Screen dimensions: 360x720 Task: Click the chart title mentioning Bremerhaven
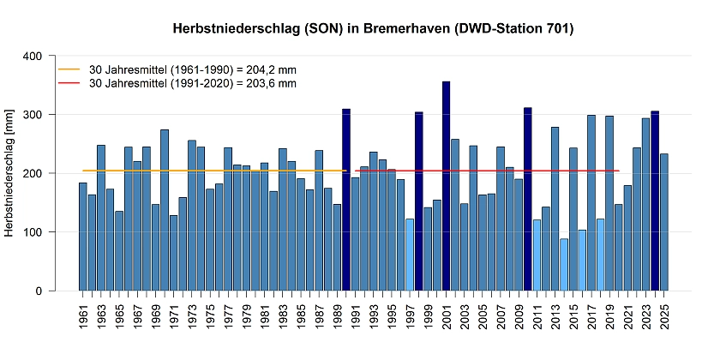[x=373, y=29]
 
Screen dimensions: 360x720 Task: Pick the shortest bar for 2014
[x=564, y=265]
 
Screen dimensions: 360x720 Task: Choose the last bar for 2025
[x=664, y=222]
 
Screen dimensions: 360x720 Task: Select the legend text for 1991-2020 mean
[x=192, y=83]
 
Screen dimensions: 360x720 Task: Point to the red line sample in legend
[x=68, y=83]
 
